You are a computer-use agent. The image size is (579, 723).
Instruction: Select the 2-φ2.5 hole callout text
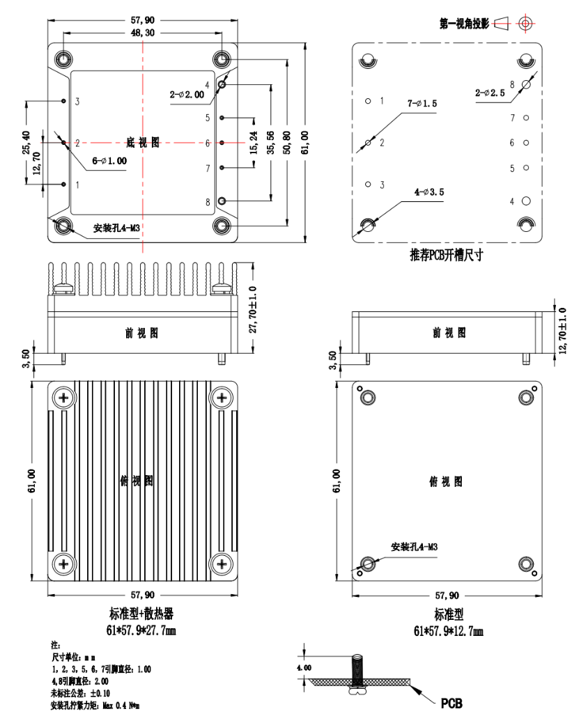click(488, 91)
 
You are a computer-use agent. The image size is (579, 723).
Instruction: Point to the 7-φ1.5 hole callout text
click(423, 102)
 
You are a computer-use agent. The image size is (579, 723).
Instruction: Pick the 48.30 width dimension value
click(143, 33)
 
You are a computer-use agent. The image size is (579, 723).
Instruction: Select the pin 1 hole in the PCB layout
click(368, 101)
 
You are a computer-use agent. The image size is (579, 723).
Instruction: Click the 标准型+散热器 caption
click(141, 616)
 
